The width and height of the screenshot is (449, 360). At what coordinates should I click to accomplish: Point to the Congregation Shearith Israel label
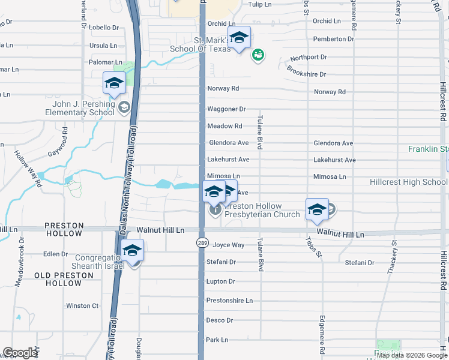90,262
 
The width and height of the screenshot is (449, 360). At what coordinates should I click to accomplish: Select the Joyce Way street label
229,245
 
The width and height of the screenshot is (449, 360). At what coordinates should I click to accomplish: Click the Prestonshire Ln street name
229,300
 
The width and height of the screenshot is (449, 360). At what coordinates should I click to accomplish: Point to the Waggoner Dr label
226,109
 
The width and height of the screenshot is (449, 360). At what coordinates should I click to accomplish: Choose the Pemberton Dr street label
334,39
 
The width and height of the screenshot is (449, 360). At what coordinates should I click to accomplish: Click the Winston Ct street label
82,305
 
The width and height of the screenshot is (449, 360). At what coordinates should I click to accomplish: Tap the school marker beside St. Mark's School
239,39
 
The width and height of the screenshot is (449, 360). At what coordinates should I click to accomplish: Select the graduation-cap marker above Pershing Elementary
113,83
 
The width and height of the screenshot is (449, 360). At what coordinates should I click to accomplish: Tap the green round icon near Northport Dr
258,55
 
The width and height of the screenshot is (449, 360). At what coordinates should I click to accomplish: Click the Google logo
20,353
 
